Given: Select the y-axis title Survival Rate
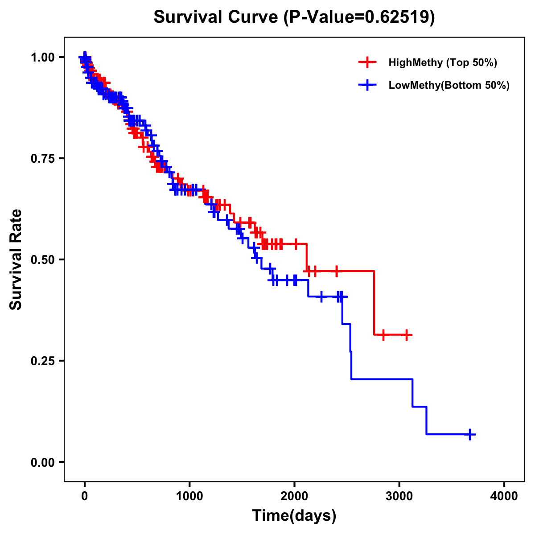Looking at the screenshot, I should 16,259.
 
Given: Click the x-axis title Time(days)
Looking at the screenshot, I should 294,516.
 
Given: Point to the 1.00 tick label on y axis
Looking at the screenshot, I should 42,57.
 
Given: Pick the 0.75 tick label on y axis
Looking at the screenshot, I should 42,158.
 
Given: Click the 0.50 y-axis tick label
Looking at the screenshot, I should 42,259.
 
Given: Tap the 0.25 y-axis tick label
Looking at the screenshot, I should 42,361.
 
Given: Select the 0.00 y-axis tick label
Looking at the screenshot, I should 42,462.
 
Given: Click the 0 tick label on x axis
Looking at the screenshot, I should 84,496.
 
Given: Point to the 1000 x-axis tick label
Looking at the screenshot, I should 189,496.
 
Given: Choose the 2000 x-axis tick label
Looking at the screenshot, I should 294,496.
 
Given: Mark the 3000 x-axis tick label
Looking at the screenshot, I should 399,496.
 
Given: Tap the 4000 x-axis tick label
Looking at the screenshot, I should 504,496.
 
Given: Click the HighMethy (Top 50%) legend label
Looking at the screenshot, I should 443,62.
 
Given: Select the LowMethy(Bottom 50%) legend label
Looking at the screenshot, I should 449,85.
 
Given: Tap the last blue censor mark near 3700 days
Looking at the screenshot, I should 470,434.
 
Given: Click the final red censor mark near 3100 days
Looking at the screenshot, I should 407,335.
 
